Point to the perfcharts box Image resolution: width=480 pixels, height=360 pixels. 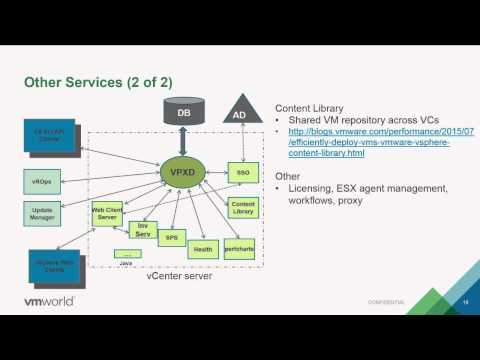pyautogui.click(x=239, y=245)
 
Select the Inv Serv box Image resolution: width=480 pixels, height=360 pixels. pyautogui.click(x=143, y=231)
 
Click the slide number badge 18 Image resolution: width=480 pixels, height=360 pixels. pyautogui.click(x=464, y=300)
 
